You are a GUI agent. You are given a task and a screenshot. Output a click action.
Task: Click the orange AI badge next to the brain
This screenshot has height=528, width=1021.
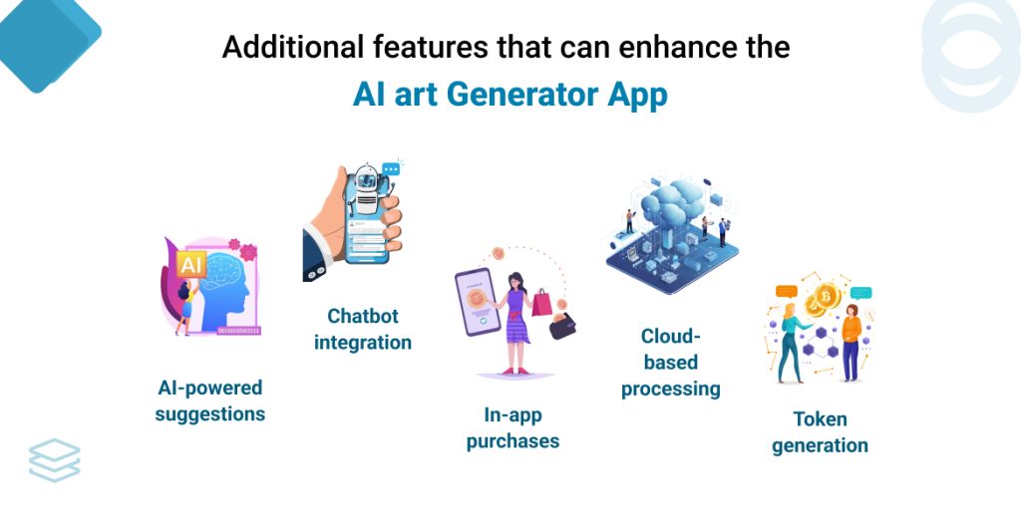(x=189, y=265)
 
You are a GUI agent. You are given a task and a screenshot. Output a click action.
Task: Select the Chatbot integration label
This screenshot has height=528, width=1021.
(x=363, y=329)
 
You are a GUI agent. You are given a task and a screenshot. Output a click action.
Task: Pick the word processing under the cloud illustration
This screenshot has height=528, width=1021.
(x=670, y=388)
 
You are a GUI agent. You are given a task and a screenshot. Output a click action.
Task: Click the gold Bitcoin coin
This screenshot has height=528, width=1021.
(x=827, y=297)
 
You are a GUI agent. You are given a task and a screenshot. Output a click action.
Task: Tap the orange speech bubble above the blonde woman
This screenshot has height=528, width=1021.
(x=787, y=292)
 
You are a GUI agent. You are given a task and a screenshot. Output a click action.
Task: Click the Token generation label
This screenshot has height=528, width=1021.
(x=820, y=431)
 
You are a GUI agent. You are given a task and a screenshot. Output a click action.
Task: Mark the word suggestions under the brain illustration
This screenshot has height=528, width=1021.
(x=210, y=412)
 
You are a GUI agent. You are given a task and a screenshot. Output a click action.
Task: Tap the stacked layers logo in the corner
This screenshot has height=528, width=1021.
(x=54, y=460)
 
